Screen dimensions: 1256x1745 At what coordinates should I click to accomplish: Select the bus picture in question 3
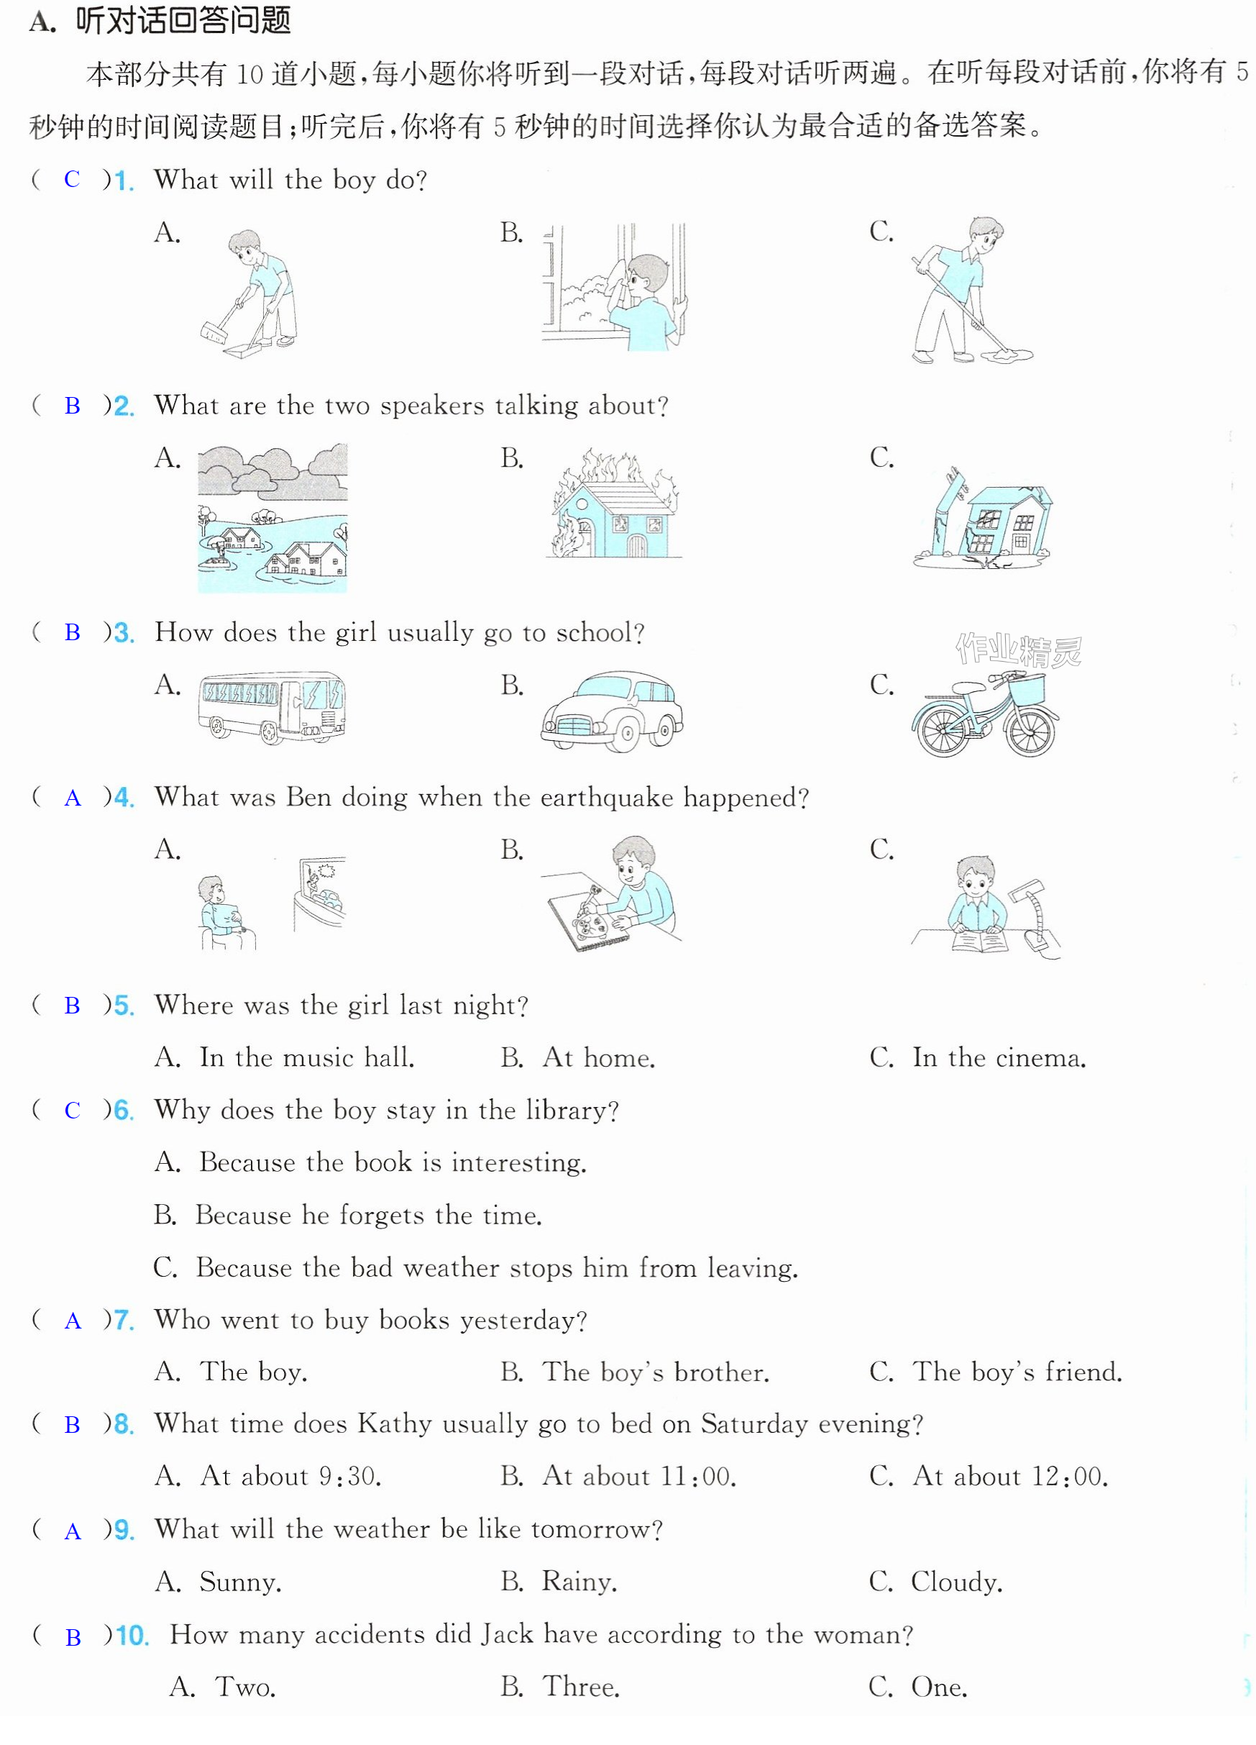[272, 708]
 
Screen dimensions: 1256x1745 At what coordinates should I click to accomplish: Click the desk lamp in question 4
[1035, 919]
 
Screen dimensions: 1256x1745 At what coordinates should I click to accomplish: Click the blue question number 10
[132, 1635]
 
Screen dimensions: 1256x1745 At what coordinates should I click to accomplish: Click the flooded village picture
[272, 518]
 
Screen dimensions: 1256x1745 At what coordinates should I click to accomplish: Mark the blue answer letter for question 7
[73, 1321]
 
